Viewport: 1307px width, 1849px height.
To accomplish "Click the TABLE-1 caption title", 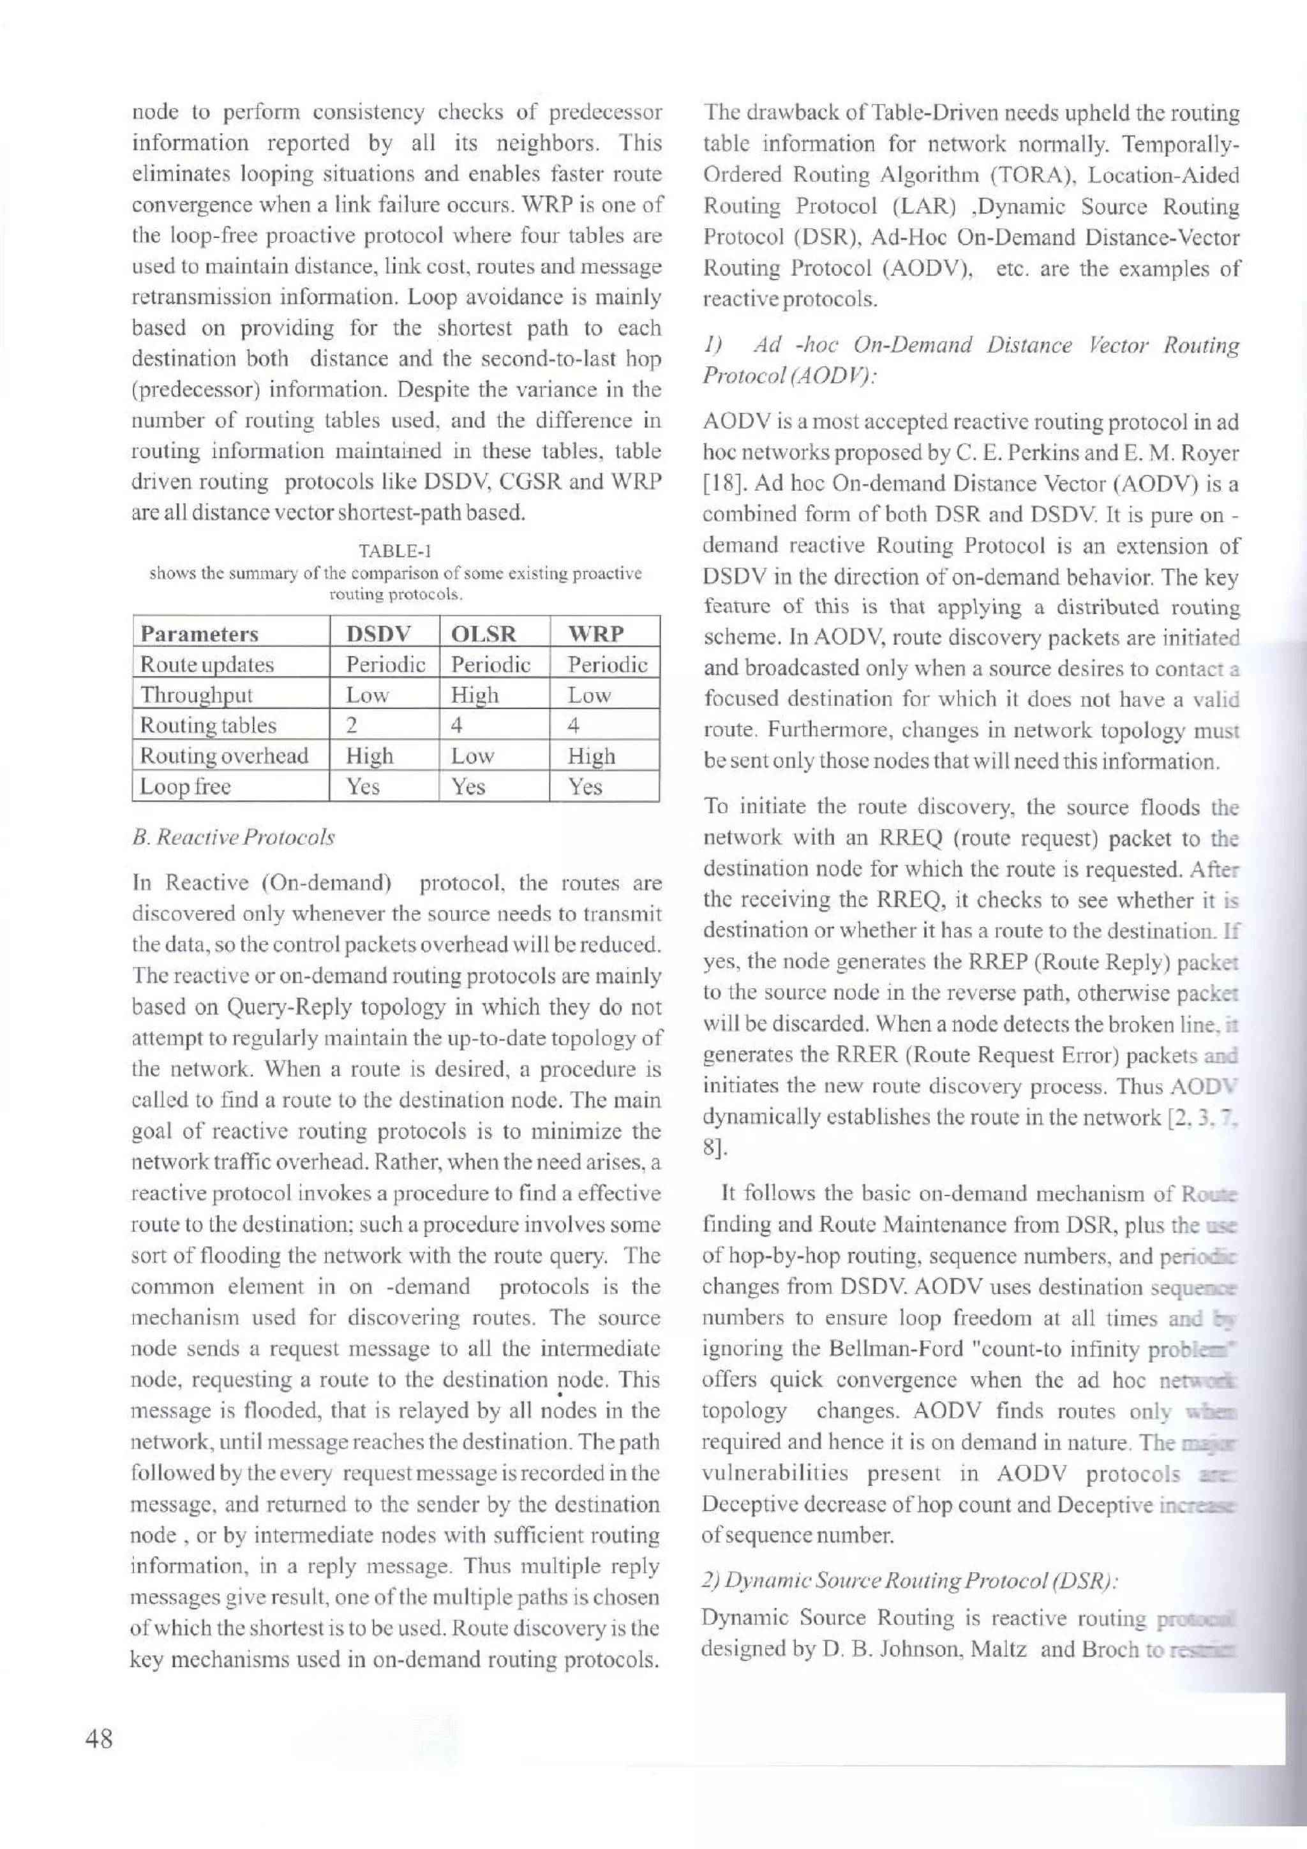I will [x=396, y=552].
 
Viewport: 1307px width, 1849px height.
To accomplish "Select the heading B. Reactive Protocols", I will [x=233, y=838].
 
